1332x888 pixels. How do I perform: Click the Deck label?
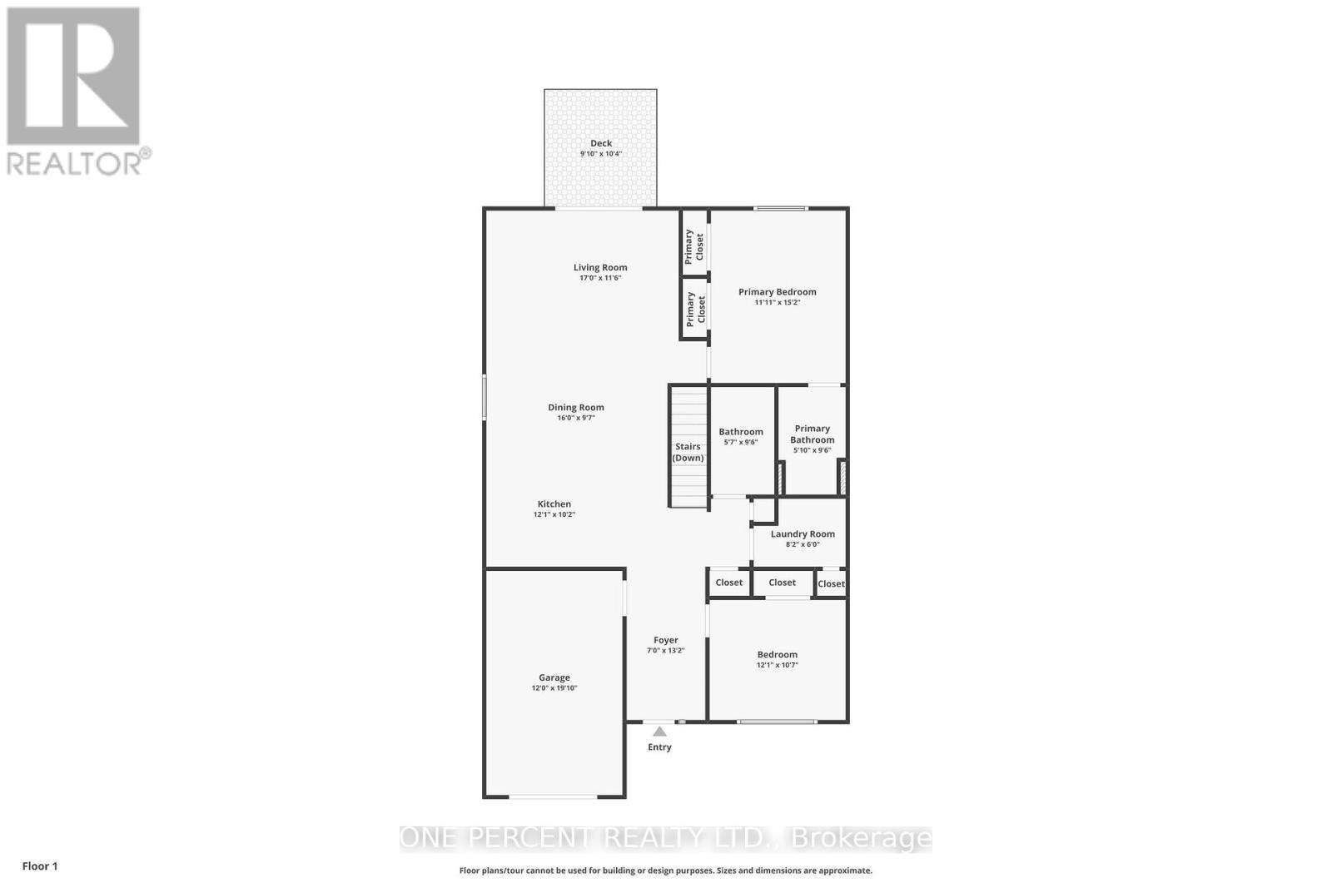(601, 143)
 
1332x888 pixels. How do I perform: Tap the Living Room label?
(600, 267)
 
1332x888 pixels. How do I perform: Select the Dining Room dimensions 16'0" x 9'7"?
(576, 418)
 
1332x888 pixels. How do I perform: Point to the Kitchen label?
(554, 504)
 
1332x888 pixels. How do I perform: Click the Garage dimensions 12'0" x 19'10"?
(554, 688)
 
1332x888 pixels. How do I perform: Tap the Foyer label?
(666, 640)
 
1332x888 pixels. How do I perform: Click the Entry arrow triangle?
(659, 732)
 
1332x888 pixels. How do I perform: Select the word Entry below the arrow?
(659, 747)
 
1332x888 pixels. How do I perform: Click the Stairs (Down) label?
(688, 452)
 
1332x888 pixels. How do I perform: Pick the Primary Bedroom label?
(778, 291)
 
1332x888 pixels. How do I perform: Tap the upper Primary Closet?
(694, 246)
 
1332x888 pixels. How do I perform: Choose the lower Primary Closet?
(696, 309)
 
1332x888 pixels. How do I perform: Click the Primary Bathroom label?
(813, 434)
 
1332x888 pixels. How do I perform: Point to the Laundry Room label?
(803, 534)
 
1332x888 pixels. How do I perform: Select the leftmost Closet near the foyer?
(729, 583)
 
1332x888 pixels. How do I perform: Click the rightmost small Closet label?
(831, 583)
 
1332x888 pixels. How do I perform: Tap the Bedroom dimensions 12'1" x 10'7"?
(778, 665)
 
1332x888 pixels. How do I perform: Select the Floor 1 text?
(40, 866)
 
